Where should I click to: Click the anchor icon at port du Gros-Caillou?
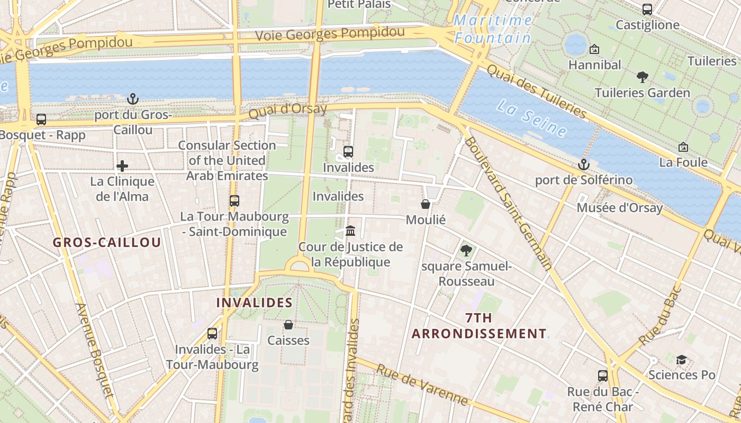pyautogui.click(x=132, y=98)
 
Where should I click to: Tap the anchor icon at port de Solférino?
pyautogui.click(x=583, y=164)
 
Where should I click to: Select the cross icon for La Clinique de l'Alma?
pyautogui.click(x=122, y=166)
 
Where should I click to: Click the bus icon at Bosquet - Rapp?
pyautogui.click(x=41, y=119)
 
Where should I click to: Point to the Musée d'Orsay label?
pyautogui.click(x=619, y=208)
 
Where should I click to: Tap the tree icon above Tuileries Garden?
pyautogui.click(x=642, y=77)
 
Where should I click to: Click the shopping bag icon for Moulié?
pyautogui.click(x=426, y=204)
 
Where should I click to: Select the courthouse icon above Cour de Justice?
pyautogui.click(x=350, y=231)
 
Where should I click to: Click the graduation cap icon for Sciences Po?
pyautogui.click(x=681, y=360)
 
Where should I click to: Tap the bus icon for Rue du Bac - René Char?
pyautogui.click(x=602, y=376)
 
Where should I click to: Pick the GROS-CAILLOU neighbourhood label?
pyautogui.click(x=107, y=243)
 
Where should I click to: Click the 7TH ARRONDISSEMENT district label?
pyautogui.click(x=479, y=326)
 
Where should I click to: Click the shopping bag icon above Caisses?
pyautogui.click(x=288, y=325)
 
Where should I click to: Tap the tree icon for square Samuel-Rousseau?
pyautogui.click(x=466, y=251)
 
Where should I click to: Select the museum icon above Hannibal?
pyautogui.click(x=594, y=49)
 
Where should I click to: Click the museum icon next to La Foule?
pyautogui.click(x=683, y=147)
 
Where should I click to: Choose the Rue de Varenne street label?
pyautogui.click(x=422, y=384)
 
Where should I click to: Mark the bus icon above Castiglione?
pyautogui.click(x=647, y=9)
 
